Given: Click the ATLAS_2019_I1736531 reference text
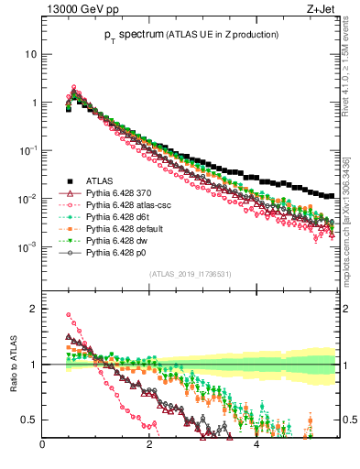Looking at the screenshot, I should point(189,273).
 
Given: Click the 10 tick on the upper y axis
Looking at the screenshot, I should point(31,54).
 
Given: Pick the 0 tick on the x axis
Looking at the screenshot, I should point(43,447).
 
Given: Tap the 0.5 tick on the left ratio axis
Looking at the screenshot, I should point(29,420).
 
